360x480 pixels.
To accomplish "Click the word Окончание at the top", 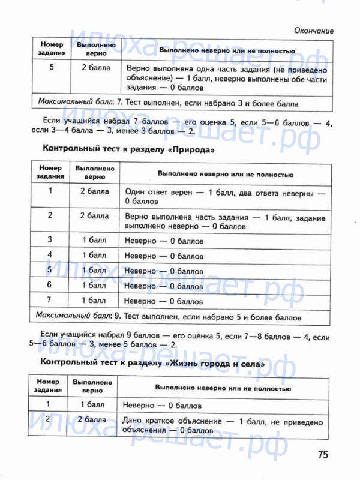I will pyautogui.click(x=314, y=31).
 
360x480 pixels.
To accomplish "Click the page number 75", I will pyautogui.click(x=323, y=455).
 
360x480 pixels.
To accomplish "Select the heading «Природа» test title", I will pyautogui.click(x=128, y=148).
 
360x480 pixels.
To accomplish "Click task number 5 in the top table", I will pyautogui.click(x=52, y=67).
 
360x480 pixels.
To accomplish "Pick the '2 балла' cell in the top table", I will pyautogui.click(x=96, y=67).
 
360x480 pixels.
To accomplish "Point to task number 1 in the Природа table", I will pyautogui.click(x=50, y=191).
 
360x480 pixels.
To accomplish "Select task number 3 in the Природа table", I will pyautogui.click(x=50, y=240).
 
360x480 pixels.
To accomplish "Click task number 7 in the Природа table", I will pyautogui.click(x=50, y=300).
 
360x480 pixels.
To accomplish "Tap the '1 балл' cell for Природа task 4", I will pyautogui.click(x=94, y=255).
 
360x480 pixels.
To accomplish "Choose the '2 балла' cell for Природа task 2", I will pyautogui.click(x=94, y=215).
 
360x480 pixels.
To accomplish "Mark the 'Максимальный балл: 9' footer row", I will pyautogui.click(x=168, y=316).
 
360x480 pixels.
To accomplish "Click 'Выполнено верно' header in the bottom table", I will pyautogui.click(x=92, y=386).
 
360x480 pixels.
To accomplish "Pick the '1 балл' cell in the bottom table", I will pyautogui.click(x=92, y=404).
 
